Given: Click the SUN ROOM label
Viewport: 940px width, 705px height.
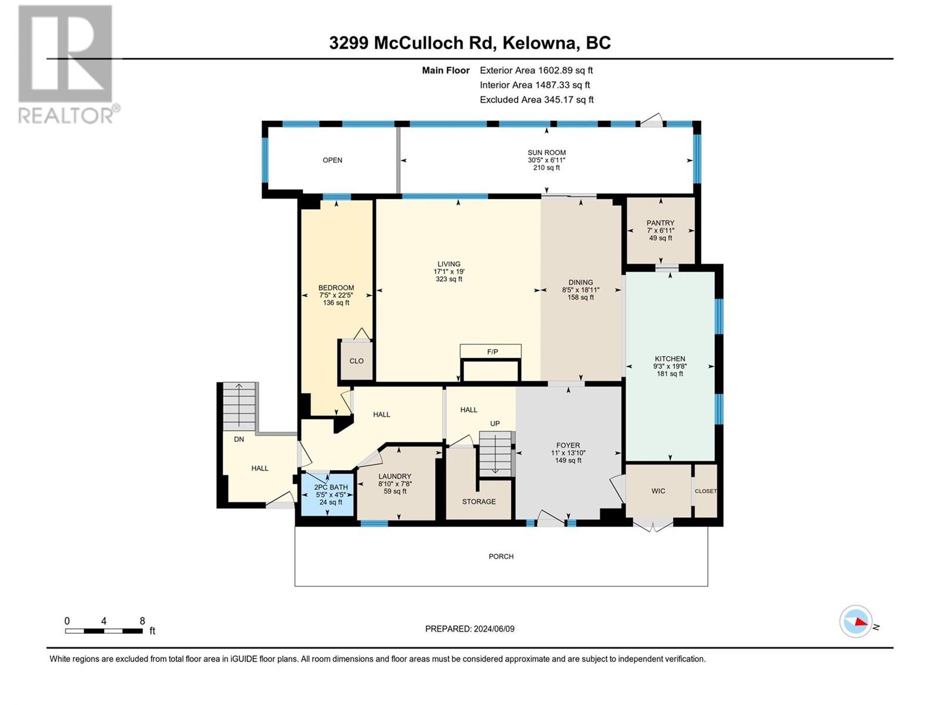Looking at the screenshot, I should click(546, 153).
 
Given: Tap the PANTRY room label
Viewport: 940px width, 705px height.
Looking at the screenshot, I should click(660, 223).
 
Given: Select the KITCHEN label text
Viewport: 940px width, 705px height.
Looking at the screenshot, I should click(670, 359).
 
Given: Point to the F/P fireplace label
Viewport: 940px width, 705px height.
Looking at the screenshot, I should click(492, 352).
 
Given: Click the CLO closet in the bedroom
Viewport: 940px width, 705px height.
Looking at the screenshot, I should click(357, 361).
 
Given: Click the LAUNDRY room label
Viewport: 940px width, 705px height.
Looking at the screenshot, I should click(395, 476).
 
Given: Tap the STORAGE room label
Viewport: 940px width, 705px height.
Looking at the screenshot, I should click(479, 502).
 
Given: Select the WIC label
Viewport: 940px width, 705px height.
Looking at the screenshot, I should click(658, 491).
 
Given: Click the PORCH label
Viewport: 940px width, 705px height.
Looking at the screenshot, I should click(501, 556).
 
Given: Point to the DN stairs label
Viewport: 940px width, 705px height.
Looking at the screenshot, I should click(239, 439).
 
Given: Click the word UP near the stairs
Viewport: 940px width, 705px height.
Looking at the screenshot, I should click(495, 424).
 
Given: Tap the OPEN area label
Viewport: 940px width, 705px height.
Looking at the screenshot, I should click(333, 160).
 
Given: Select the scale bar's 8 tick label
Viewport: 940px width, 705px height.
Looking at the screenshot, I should click(142, 621).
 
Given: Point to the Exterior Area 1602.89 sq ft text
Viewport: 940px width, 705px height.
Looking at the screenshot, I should click(536, 70).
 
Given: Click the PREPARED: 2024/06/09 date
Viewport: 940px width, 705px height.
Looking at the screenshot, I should click(469, 629).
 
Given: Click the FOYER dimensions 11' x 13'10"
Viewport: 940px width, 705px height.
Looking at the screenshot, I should click(568, 453).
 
